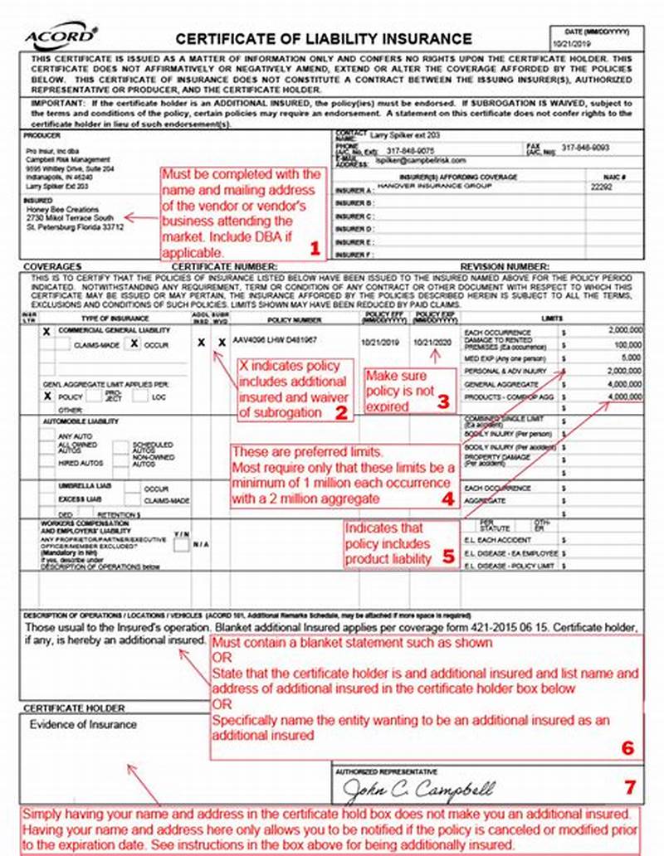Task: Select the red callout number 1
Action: coord(314,247)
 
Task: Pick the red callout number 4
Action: coord(447,499)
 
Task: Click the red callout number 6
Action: coord(627,747)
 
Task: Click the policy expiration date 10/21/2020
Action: coord(435,342)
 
